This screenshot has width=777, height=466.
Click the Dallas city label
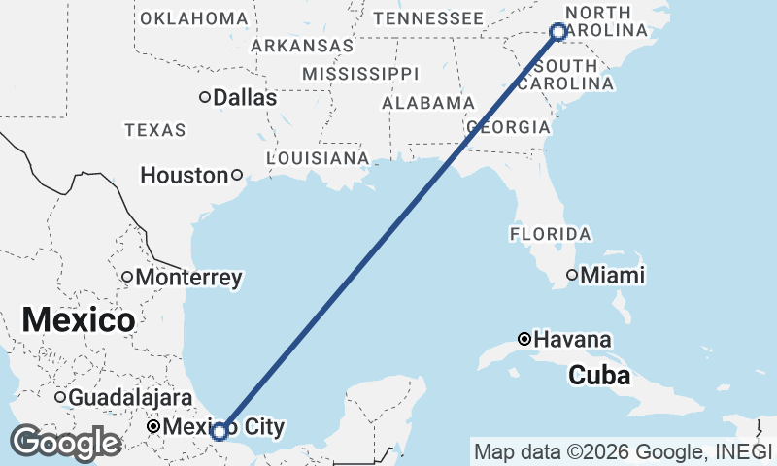click(245, 98)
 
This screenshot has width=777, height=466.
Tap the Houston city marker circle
click(237, 176)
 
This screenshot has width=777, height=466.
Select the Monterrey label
click(188, 278)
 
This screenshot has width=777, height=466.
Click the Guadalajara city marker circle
click(60, 397)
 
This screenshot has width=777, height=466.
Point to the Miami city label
click(613, 276)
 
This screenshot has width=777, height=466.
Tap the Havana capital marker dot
click(524, 340)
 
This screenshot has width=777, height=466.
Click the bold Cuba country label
click(598, 375)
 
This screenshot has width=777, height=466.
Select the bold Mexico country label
click(78, 319)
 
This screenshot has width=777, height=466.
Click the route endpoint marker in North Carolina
click(558, 32)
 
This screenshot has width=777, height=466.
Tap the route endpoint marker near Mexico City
click(220, 430)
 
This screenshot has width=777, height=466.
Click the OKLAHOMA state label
click(194, 18)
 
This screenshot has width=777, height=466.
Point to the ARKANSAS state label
click(302, 46)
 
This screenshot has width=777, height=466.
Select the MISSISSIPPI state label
click(359, 74)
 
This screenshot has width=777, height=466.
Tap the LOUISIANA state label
click(318, 157)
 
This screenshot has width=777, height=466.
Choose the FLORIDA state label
click(550, 234)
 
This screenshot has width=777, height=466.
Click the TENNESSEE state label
click(428, 18)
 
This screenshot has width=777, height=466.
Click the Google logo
click(65, 444)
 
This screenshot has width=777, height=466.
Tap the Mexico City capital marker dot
click(153, 427)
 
